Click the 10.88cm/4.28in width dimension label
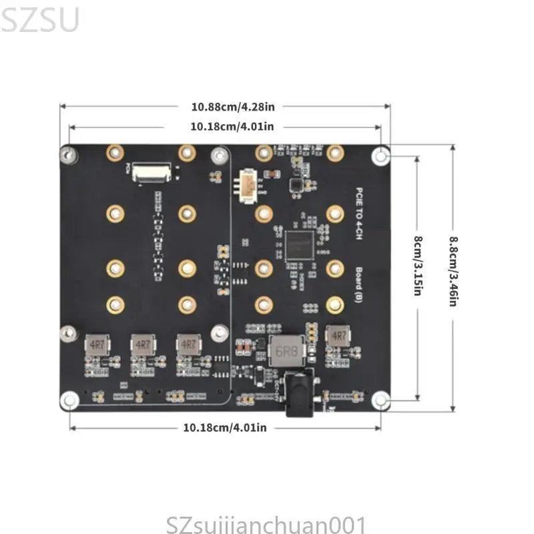[x=224, y=106]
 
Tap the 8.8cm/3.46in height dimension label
[x=452, y=272]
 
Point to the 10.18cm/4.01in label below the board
[x=224, y=427]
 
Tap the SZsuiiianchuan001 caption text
[x=267, y=522]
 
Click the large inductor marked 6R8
[x=284, y=350]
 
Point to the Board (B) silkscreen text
[x=358, y=284]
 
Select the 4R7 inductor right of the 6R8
[x=337, y=336]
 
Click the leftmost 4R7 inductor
[x=95, y=344]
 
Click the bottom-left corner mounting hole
[x=69, y=400]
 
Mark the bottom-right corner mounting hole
[x=381, y=400]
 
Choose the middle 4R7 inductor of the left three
[x=142, y=344]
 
